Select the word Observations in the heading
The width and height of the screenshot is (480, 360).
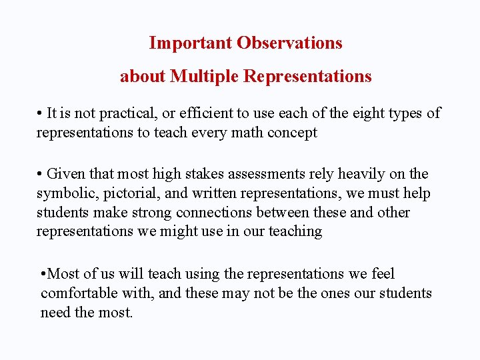[x=289, y=43]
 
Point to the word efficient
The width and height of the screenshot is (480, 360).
[x=194, y=113]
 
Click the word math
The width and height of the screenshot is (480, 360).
[x=247, y=133]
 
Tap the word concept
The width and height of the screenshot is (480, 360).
[x=292, y=133]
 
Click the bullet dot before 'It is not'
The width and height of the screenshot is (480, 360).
[x=40, y=114]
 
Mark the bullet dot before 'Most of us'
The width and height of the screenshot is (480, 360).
[x=43, y=275]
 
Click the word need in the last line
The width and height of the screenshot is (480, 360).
[x=55, y=313]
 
